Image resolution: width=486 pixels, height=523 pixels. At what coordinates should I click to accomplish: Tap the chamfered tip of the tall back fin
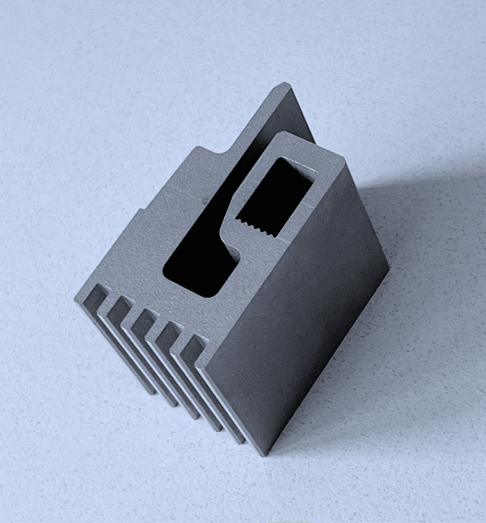tap(282, 88)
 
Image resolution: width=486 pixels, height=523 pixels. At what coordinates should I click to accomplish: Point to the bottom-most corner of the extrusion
tap(265, 455)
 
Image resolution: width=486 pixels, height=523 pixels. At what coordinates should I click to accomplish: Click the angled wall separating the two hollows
tap(231, 238)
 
